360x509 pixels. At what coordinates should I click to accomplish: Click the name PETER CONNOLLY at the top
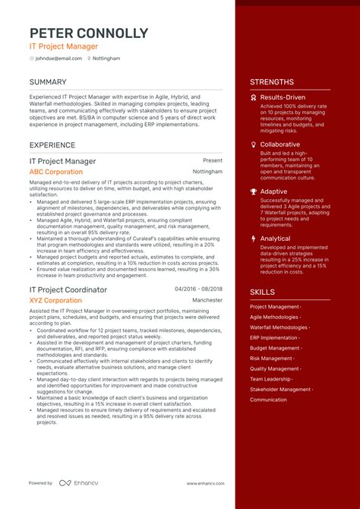pyautogui.click(x=89, y=33)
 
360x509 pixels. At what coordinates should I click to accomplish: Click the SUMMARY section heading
pyautogui.click(x=48, y=82)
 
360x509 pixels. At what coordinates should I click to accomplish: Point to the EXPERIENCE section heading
pyautogui.click(x=52, y=144)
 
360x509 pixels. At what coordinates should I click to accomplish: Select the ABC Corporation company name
pyautogui.click(x=56, y=172)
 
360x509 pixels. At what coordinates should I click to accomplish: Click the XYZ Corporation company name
pyautogui.click(x=55, y=300)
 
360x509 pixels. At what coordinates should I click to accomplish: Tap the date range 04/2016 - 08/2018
pyautogui.click(x=198, y=289)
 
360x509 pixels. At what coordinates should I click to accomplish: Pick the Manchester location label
pyautogui.click(x=207, y=300)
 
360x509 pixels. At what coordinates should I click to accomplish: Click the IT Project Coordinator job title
pyautogui.click(x=68, y=289)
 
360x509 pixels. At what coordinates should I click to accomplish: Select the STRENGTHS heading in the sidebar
pyautogui.click(x=271, y=82)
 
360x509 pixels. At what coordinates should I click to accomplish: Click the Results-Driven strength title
pyautogui.click(x=283, y=97)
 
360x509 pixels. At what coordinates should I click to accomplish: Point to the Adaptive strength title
pyautogui.click(x=273, y=191)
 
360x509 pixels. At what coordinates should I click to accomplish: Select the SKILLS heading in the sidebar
pyautogui.click(x=262, y=292)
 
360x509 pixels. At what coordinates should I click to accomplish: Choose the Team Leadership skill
pyautogui.click(x=270, y=379)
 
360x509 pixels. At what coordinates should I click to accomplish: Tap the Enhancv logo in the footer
pyautogui.click(x=76, y=482)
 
